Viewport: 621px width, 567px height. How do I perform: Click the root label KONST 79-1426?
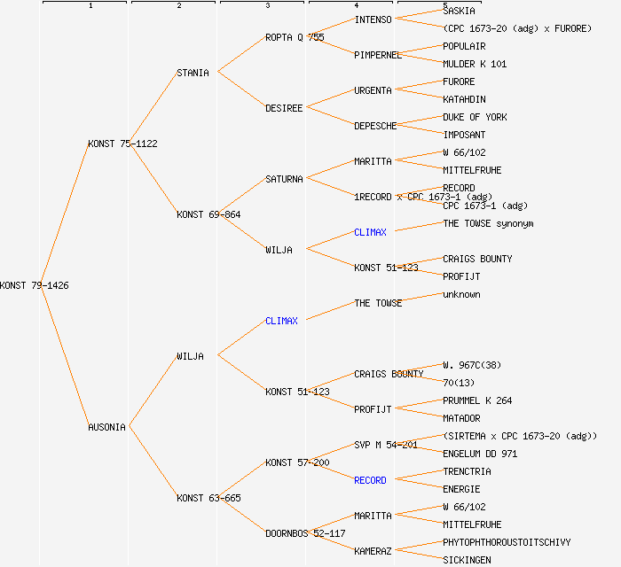coord(35,285)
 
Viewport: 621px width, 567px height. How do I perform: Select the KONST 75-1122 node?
coord(123,144)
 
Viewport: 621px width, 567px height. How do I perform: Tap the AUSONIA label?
coord(106,427)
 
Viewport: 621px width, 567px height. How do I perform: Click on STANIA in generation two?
coord(193,73)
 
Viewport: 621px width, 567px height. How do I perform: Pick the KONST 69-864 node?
coord(208,214)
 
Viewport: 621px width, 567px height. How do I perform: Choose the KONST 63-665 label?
coord(208,498)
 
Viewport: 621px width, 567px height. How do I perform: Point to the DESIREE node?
coord(284,108)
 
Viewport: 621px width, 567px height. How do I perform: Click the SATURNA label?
coord(284,179)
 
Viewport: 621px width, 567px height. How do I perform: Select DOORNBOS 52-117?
coord(305,533)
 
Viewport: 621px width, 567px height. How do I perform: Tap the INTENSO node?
coord(373,19)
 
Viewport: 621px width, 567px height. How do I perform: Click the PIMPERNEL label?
coord(378,55)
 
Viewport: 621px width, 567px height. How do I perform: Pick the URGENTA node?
coord(373,90)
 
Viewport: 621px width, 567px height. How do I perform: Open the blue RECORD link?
coord(370,480)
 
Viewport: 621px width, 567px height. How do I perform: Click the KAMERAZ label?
coord(373,551)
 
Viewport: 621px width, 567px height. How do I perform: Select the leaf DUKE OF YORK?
coord(475,117)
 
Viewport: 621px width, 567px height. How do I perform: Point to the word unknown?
coord(461,294)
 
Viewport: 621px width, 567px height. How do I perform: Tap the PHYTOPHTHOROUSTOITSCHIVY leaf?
coord(507,542)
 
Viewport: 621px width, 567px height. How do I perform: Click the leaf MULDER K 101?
coord(475,64)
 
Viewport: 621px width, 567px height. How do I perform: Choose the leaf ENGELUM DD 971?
coord(480,454)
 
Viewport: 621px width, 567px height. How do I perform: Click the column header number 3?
coord(267,6)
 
